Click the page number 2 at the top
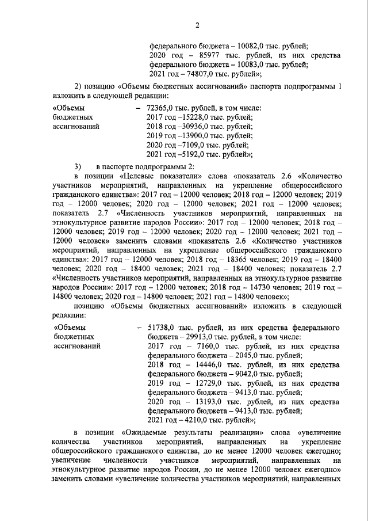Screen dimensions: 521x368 [x=197, y=25]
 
